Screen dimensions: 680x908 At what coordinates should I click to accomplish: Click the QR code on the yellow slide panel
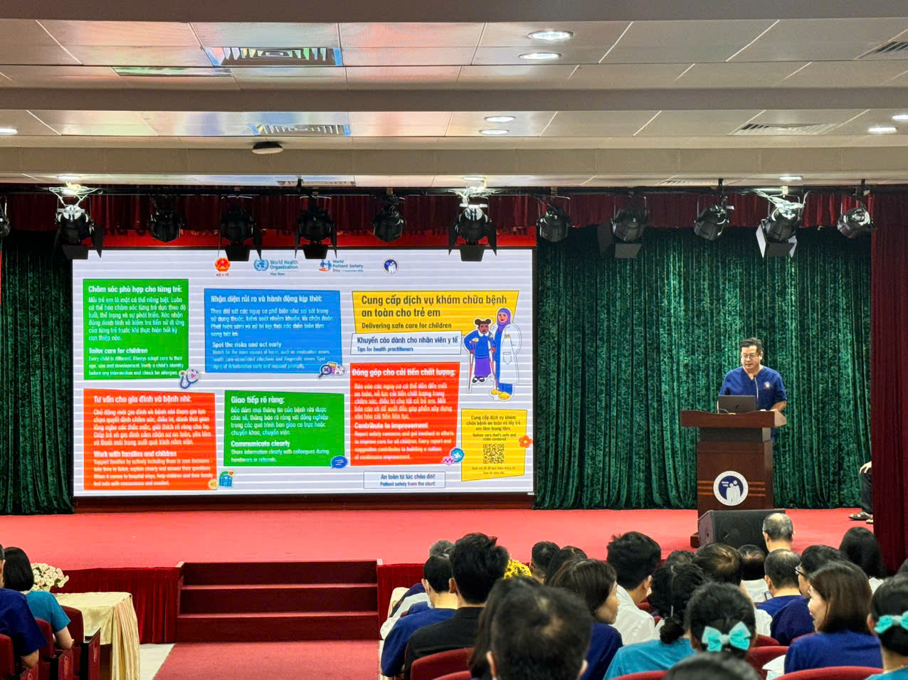[x=493, y=453]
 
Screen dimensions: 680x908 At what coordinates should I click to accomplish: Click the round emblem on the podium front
[x=730, y=488]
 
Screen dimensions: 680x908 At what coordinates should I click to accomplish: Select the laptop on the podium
[x=736, y=404]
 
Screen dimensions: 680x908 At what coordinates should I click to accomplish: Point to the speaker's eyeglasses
[x=750, y=353]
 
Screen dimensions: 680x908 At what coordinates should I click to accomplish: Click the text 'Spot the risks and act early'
[x=246, y=345]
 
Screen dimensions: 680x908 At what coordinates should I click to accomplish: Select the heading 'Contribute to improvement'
[x=391, y=425]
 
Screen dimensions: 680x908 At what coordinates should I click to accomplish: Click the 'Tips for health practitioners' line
[x=385, y=349]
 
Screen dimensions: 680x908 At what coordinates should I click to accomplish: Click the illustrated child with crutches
[x=481, y=354]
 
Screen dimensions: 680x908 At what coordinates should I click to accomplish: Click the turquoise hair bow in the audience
[x=727, y=636]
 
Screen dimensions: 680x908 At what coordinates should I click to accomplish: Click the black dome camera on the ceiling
[x=267, y=148]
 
